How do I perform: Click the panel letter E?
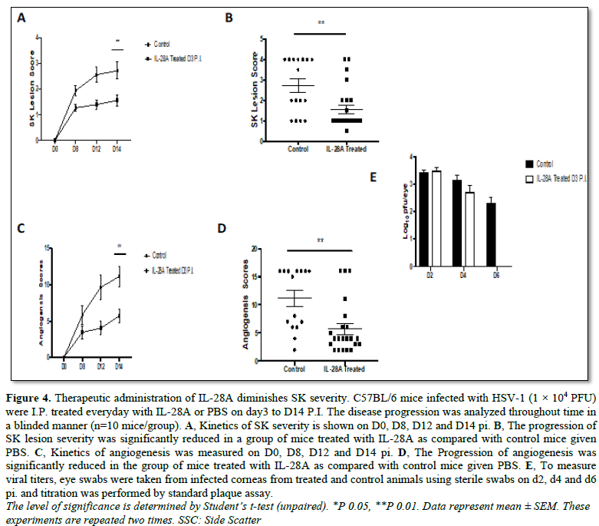374,177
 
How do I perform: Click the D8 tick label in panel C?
81,366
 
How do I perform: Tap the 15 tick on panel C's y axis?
47,247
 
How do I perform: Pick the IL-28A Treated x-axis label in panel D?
344,369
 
